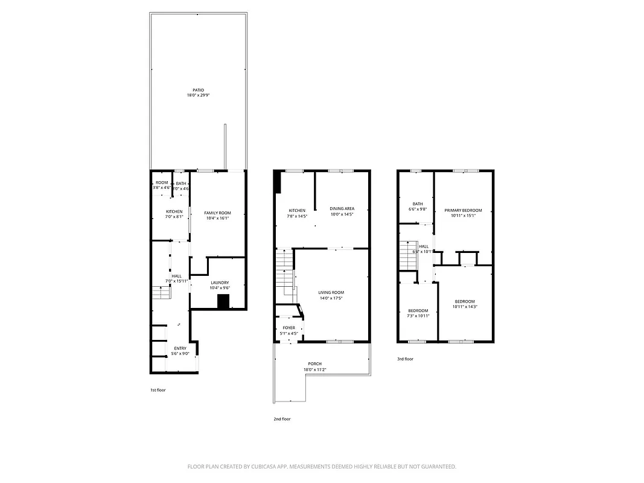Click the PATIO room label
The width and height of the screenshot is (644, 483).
coord(198,90)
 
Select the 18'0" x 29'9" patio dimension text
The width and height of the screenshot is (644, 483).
coord(198,95)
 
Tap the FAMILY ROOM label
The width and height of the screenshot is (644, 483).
coord(217,213)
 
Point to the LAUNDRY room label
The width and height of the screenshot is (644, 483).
coord(219,283)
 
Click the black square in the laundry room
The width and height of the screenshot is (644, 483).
coord(223,302)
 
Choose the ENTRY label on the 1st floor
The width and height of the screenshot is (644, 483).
coord(180,348)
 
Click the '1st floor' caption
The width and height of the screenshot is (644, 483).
coord(158,390)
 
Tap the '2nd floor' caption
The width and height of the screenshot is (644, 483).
coord(282,419)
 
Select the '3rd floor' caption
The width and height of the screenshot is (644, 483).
coord(405,359)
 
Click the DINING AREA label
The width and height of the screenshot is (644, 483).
coord(342,209)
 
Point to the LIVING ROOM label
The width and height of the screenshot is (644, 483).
coord(331,292)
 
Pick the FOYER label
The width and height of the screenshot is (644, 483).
coord(289,328)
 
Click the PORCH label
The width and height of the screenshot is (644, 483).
coord(314,364)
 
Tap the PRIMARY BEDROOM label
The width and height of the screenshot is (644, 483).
coord(463,210)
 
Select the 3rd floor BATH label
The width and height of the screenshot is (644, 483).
coord(418,203)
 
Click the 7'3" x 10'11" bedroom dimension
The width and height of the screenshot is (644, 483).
coord(418,316)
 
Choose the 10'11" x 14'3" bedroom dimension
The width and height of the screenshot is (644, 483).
coord(465,307)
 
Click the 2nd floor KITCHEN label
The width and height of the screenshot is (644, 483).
coord(296,210)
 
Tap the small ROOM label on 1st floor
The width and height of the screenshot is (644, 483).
coord(162,182)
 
